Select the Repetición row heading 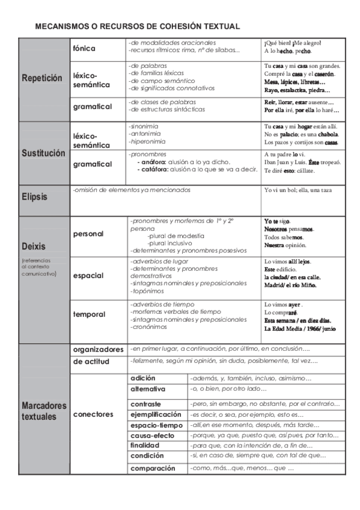point(42,78)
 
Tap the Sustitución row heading point(43,153)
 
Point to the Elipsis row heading point(35,197)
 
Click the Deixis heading point(35,247)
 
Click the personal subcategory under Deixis point(88,234)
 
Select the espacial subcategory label point(88,275)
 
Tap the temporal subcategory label point(90,315)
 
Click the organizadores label point(99,349)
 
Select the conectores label point(93,414)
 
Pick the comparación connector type point(153,468)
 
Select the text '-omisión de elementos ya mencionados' point(131,190)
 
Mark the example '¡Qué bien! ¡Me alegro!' point(293,43)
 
